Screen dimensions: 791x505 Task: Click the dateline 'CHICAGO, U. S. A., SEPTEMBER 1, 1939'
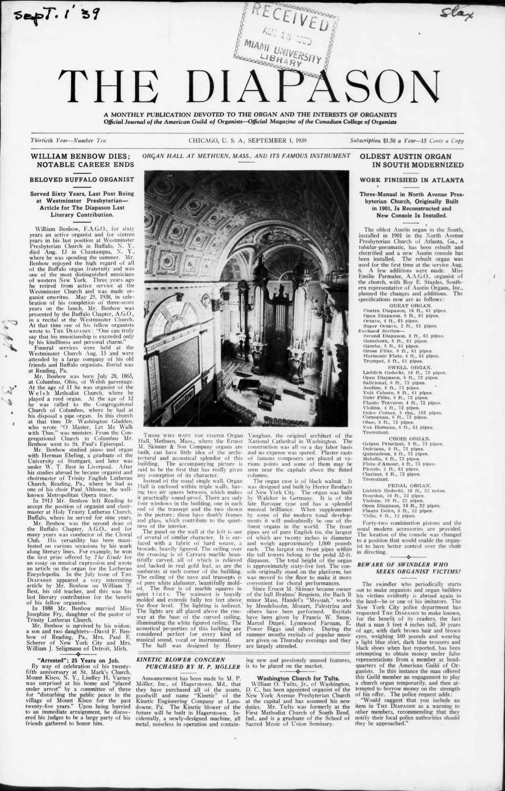(x=247, y=141)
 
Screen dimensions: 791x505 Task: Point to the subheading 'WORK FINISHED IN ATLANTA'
(x=411, y=180)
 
